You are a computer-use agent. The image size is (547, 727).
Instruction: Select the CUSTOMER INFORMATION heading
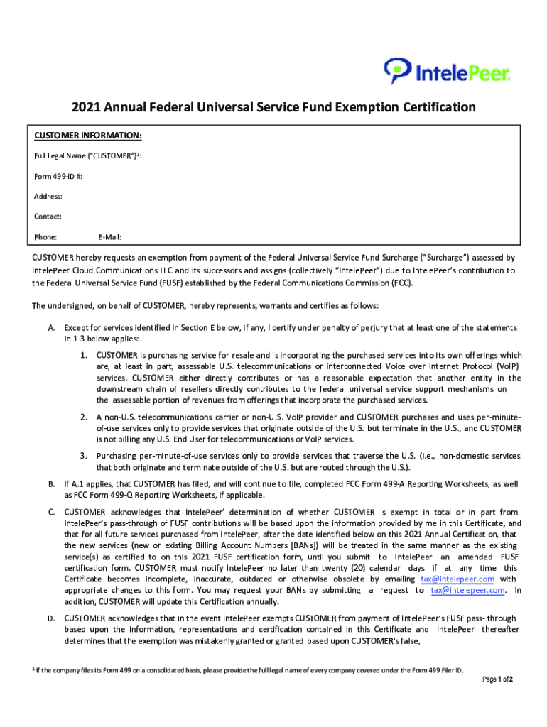pos(88,136)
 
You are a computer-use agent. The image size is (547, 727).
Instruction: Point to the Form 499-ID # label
pos(58,176)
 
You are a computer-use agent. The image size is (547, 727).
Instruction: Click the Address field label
pos(48,196)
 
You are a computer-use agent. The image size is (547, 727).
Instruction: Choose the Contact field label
pos(48,216)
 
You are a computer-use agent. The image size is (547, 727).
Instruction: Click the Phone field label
pos(45,236)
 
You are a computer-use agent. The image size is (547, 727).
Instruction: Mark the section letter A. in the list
pos(51,327)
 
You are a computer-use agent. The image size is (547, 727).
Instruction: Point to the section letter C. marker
pos(51,512)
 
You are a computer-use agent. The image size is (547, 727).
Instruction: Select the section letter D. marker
pos(51,618)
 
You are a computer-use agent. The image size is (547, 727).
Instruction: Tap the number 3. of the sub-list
pos(83,455)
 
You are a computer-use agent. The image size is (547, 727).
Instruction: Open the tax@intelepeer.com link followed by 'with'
pos(457,579)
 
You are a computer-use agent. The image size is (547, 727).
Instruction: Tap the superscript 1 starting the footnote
pos(34,669)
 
